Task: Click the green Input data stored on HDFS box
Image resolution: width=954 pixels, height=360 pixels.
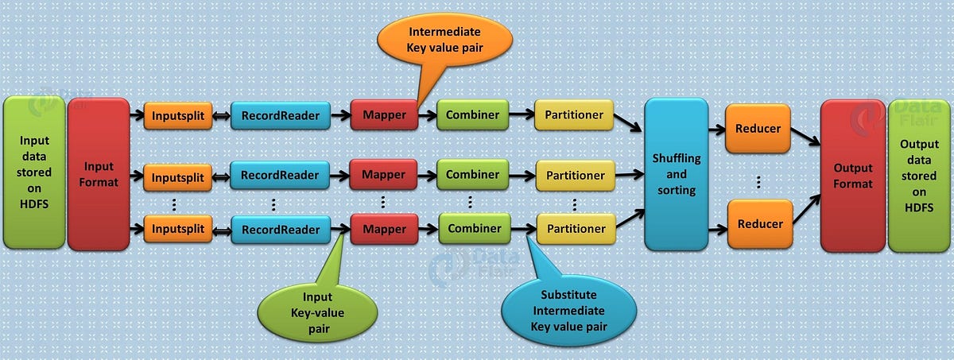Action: click(x=34, y=173)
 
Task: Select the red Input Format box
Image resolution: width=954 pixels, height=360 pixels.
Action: click(x=99, y=173)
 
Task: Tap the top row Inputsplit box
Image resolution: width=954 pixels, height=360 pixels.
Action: click(x=179, y=116)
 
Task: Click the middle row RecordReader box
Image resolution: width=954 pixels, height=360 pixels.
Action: click(x=281, y=175)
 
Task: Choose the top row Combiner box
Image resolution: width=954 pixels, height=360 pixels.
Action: click(x=472, y=115)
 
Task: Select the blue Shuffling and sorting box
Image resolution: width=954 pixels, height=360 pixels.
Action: click(x=676, y=174)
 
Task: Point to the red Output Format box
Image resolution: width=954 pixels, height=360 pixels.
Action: click(x=852, y=176)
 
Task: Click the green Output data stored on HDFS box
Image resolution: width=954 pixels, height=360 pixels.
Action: click(x=919, y=176)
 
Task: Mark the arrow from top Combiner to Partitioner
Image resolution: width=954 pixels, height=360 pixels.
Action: click(x=521, y=115)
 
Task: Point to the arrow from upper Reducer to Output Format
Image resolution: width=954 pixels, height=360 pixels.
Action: click(x=805, y=137)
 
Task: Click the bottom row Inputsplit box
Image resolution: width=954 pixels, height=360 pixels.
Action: click(x=179, y=230)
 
